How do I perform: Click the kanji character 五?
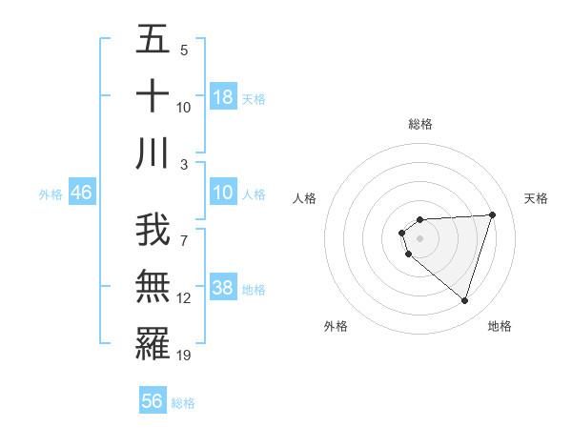153,39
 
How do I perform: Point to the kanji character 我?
153,229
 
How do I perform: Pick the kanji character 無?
153,286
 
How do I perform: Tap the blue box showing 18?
223,97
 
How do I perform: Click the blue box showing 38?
223,289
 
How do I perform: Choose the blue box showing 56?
153,401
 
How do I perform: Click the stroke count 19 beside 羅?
184,356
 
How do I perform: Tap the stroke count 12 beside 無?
184,298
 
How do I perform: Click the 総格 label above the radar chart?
419,124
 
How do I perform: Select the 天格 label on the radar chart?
536,198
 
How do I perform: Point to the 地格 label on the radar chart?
500,326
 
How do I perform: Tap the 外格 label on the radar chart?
336,326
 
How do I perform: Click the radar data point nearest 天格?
492,214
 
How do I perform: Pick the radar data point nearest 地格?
464,300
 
